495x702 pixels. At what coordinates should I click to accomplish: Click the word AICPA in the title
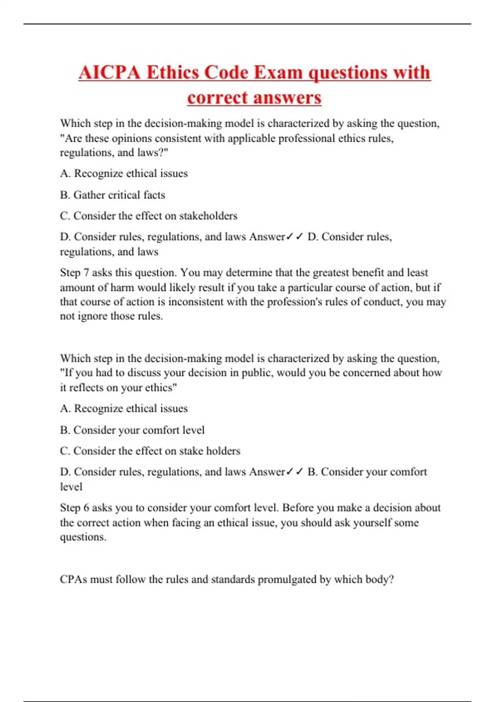pos(110,73)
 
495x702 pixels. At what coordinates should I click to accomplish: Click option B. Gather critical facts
pos(113,195)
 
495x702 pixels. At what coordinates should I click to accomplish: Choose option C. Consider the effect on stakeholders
pos(148,216)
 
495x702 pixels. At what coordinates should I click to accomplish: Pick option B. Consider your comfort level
pos(132,430)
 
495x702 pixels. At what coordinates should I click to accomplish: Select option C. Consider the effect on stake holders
pos(150,451)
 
